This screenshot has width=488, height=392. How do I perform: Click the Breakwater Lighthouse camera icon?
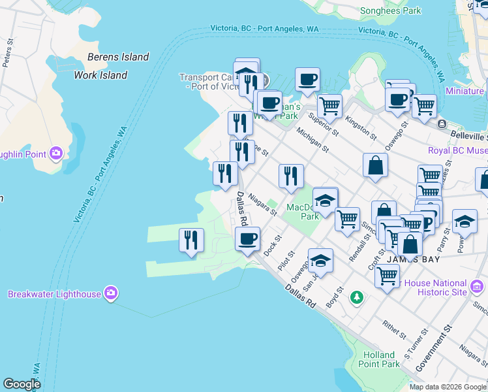111,293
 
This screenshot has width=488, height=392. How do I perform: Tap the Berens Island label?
118,57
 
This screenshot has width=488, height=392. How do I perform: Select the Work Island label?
100,75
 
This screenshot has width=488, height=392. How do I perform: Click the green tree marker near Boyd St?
356,297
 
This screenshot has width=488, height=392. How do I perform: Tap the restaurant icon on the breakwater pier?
191,240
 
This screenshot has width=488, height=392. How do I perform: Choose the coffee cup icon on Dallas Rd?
247,238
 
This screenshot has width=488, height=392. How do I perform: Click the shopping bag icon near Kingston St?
376,165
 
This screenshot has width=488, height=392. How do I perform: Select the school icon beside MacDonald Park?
325,200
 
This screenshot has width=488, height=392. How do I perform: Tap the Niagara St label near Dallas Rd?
263,204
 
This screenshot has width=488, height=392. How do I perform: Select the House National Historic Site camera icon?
477,286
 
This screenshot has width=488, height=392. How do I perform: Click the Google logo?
22,384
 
